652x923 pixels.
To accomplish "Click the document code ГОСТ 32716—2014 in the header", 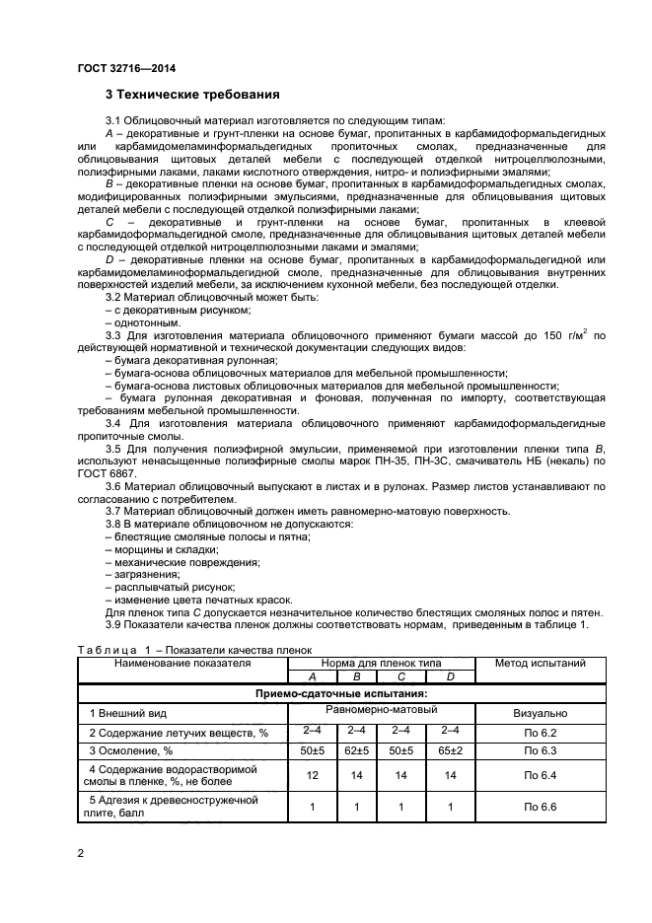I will click(125, 69).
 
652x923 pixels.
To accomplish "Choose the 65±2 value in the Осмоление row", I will click(450, 751).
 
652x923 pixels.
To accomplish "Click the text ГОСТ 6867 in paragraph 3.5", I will click(106, 473).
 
